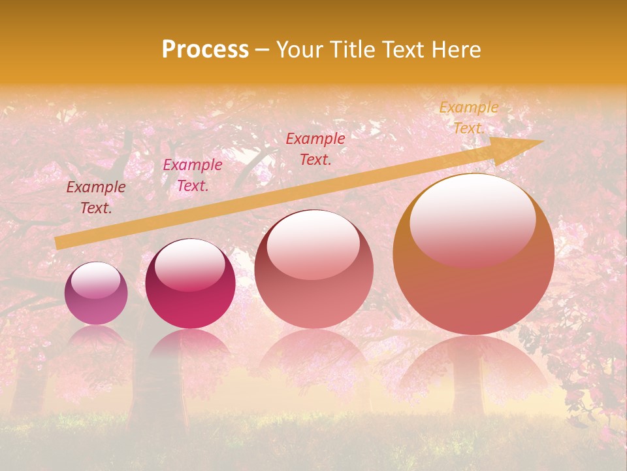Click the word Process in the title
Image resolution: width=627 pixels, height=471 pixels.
[205, 50]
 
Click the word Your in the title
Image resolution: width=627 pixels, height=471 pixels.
[298, 50]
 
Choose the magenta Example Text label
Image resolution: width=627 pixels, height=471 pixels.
[192, 175]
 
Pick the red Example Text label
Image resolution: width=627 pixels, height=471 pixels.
[315, 148]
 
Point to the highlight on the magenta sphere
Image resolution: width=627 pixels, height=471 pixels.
[189, 263]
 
